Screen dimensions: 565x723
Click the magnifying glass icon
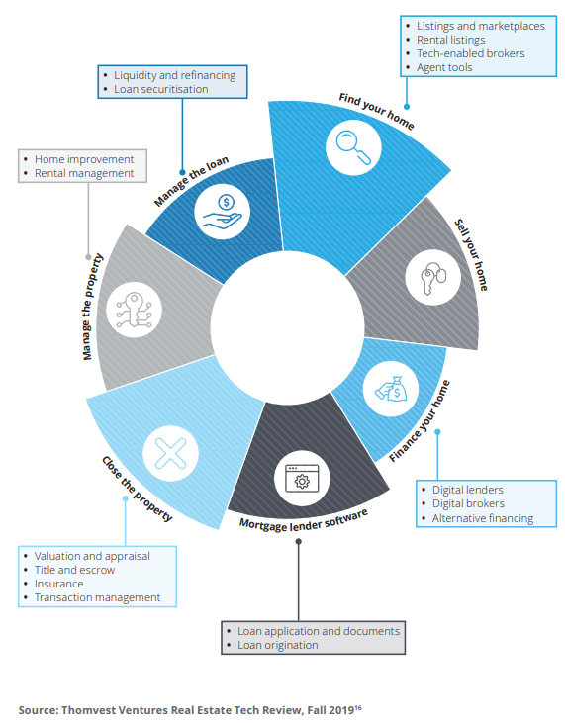tap(353, 147)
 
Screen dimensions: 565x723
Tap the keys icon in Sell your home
tap(433, 278)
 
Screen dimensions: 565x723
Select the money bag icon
tap(391, 389)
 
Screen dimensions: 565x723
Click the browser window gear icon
tap(302, 479)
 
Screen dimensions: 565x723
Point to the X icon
tap(170, 453)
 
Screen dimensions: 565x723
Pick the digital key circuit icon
tap(135, 310)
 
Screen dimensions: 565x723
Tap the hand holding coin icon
tap(223, 212)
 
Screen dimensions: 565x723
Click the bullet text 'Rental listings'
tap(450, 40)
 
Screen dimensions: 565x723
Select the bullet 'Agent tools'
tap(444, 67)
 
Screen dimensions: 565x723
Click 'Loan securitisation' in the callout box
tap(161, 89)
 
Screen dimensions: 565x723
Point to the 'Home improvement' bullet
tap(84, 159)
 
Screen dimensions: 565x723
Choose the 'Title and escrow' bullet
tap(74, 570)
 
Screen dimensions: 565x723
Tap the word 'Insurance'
tap(58, 584)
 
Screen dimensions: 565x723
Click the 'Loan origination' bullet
tap(278, 645)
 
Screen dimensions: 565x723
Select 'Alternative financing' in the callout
tap(483, 518)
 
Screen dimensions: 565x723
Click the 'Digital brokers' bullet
tap(468, 503)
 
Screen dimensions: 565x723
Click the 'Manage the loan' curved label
tap(191, 181)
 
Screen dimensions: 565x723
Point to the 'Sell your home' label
tap(471, 254)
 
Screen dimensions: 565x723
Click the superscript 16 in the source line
tap(358, 708)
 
